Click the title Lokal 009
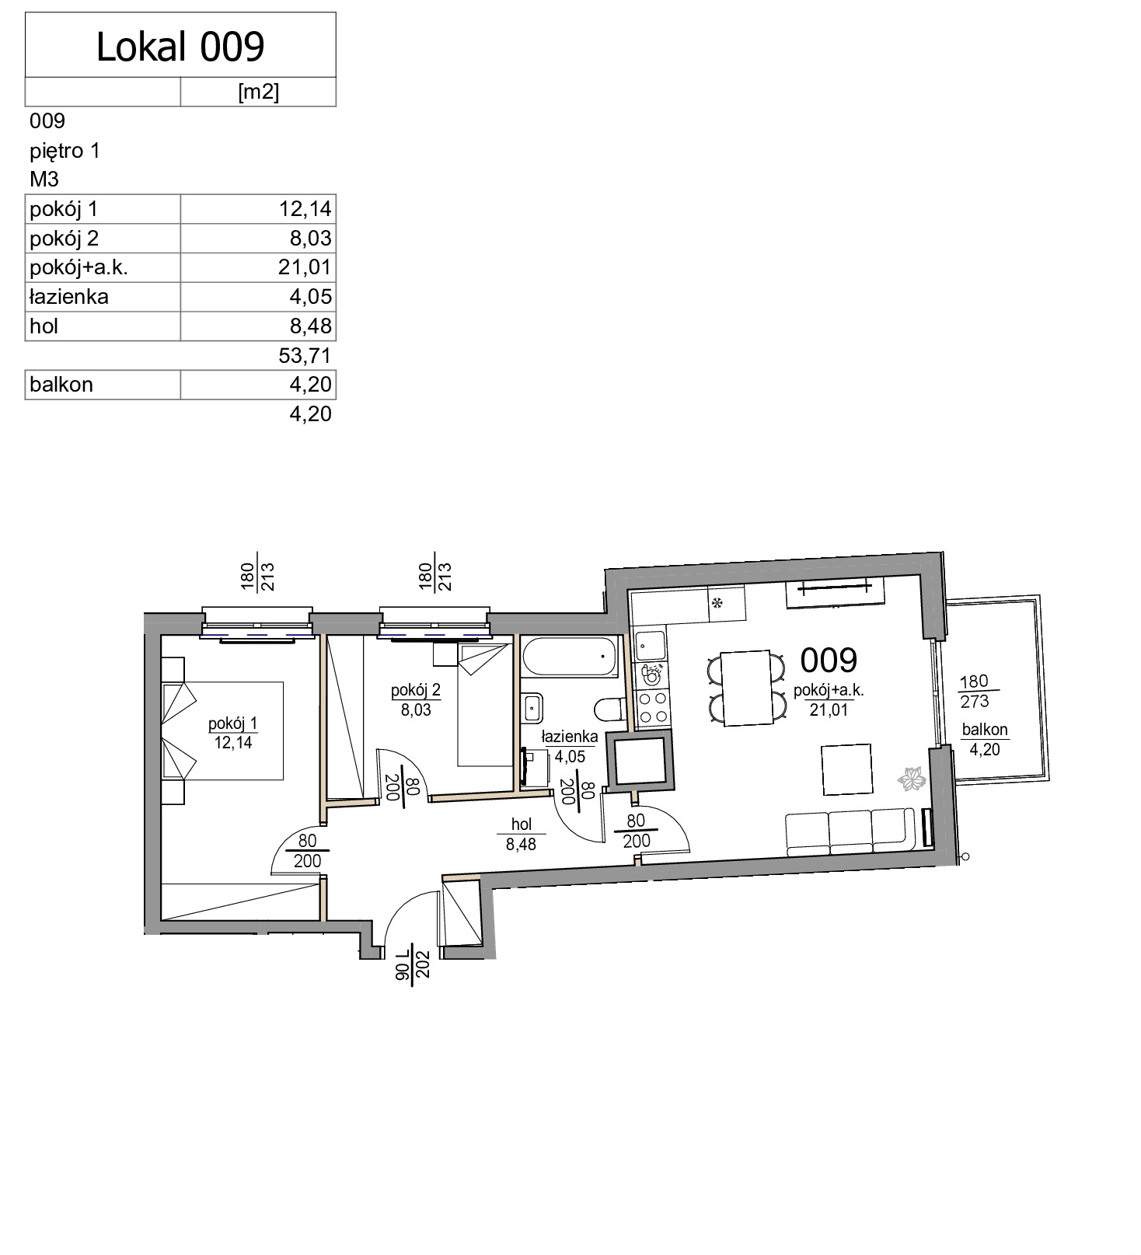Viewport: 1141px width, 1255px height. coord(180,47)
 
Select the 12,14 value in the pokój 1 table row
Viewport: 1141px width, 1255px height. coord(305,209)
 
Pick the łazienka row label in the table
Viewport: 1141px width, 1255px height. coord(69,297)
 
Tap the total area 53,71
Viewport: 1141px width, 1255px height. coord(305,356)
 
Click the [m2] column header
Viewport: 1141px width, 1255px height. coord(258,92)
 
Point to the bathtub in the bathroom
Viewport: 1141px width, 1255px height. coord(570,657)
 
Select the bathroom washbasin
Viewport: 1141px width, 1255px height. coord(532,707)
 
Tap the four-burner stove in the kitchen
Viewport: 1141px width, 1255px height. coord(651,707)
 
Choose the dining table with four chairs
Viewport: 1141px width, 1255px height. coord(746,689)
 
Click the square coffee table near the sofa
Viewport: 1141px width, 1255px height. coord(847,769)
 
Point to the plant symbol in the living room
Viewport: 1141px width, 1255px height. coord(912,778)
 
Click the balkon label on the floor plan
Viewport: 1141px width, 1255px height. coord(985,739)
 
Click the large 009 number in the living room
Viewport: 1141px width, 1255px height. coord(829,661)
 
